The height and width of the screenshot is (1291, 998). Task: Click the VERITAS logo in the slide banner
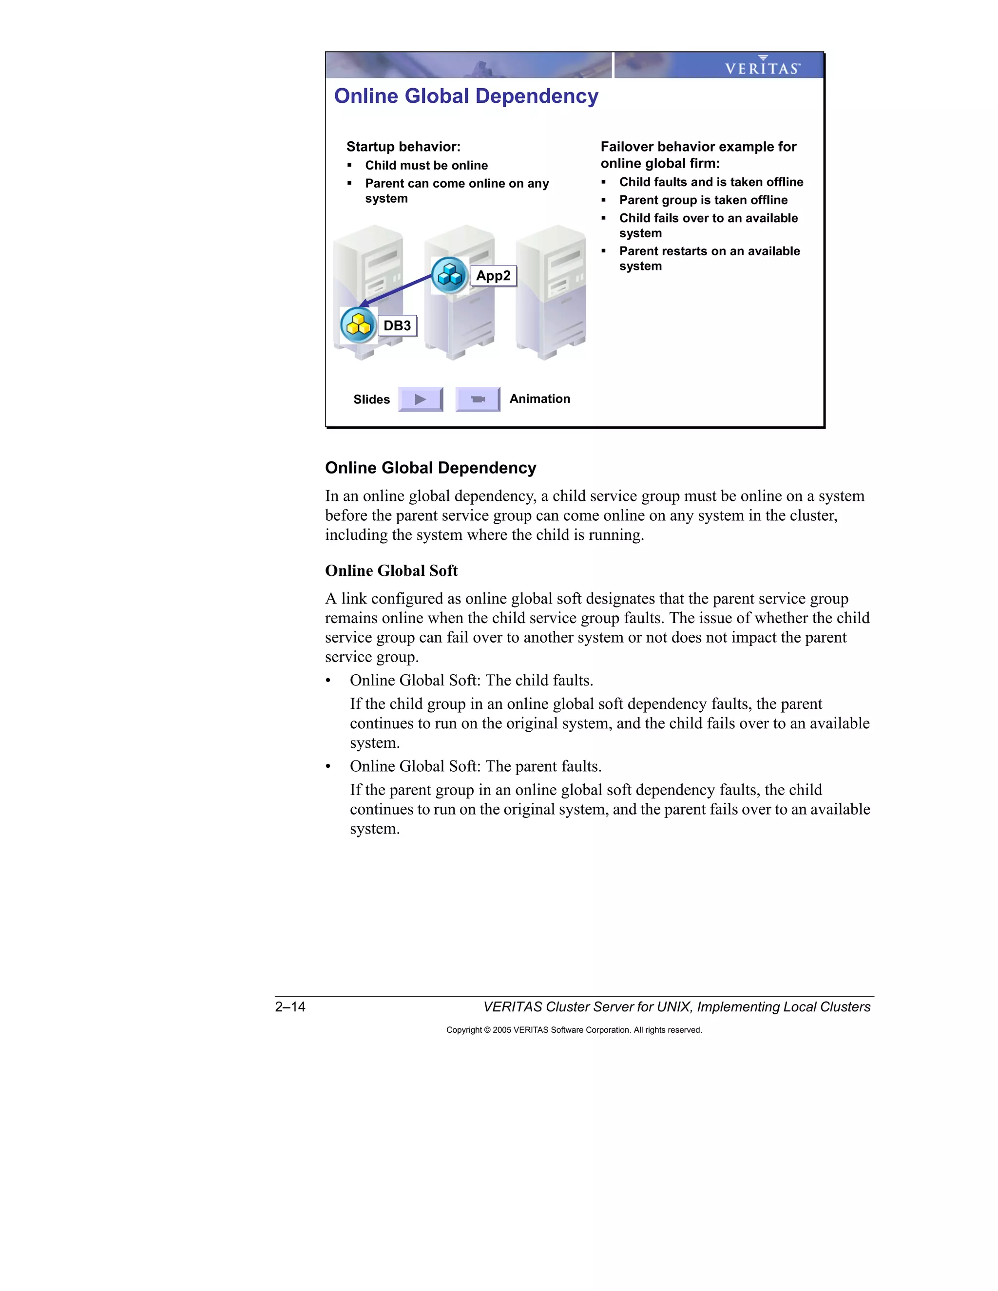tap(762, 67)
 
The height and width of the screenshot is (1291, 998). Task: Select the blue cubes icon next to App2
tap(449, 275)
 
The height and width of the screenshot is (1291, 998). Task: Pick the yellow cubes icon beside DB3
tap(358, 325)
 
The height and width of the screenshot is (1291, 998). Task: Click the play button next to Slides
tap(421, 399)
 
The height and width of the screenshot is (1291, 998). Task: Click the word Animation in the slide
tap(539, 399)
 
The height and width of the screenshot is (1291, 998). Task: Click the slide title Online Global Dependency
tap(466, 96)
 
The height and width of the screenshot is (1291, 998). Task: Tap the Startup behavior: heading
tap(403, 147)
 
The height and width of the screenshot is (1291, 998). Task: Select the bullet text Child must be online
tap(426, 166)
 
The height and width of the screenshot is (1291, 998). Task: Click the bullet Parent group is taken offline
tap(703, 200)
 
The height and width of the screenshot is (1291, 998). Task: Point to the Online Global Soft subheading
tap(391, 571)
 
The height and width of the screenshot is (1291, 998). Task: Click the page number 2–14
tap(290, 1006)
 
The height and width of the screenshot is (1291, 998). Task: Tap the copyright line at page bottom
tap(574, 1030)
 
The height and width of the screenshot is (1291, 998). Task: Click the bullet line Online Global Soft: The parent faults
tap(475, 767)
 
